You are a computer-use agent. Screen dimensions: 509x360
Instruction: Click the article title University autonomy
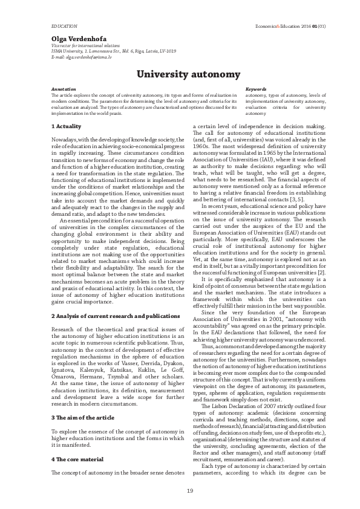point(180,74)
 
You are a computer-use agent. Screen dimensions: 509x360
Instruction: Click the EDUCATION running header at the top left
point(64,27)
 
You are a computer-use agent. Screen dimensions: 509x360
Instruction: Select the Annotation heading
point(64,89)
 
